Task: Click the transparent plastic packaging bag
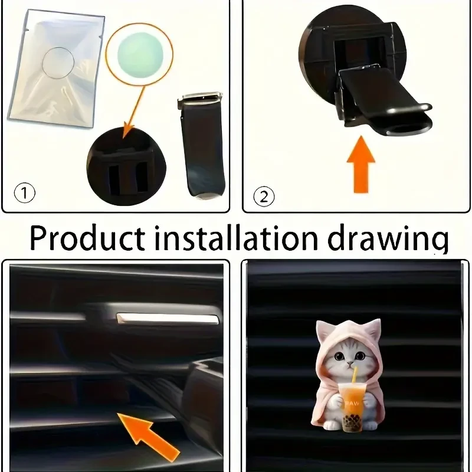[x=56, y=68]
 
